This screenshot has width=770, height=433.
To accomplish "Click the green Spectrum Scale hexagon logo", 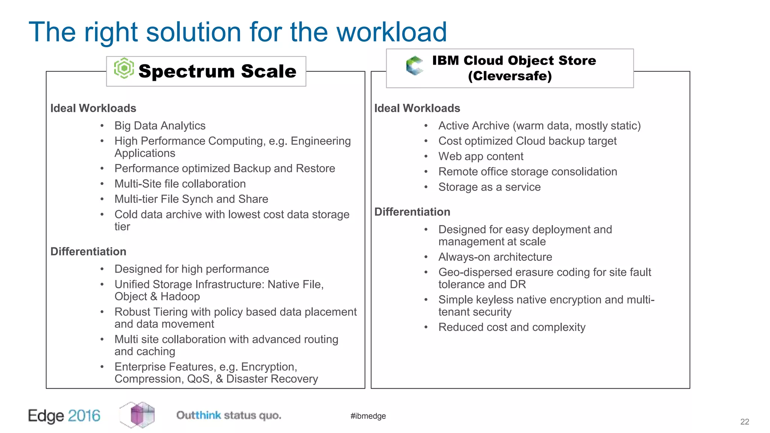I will (x=124, y=68).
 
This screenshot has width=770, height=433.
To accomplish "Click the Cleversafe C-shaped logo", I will (x=415, y=65).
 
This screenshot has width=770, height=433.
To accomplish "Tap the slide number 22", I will (x=744, y=422).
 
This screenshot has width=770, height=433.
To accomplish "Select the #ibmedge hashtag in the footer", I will (x=368, y=416).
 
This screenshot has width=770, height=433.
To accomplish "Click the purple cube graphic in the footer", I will (x=138, y=415).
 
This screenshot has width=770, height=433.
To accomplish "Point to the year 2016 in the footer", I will (x=84, y=416).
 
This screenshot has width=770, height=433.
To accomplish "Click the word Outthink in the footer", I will (x=199, y=415).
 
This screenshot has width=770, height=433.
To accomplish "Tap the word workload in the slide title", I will (x=391, y=32).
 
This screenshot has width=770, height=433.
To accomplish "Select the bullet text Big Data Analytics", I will (x=160, y=126).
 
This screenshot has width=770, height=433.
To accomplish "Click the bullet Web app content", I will (x=480, y=156).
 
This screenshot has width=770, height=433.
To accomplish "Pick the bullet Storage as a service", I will (x=489, y=187).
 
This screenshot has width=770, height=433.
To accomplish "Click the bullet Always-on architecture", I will (x=495, y=257).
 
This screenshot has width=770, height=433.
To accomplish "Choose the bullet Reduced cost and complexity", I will (x=512, y=327).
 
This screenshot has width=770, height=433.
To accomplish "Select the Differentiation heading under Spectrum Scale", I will (x=88, y=251).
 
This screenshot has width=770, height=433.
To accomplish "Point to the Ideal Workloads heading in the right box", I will (x=417, y=108).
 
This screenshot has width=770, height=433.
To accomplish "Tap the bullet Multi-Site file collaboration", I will (x=180, y=184).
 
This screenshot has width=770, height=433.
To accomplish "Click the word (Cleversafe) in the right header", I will (x=510, y=76).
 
